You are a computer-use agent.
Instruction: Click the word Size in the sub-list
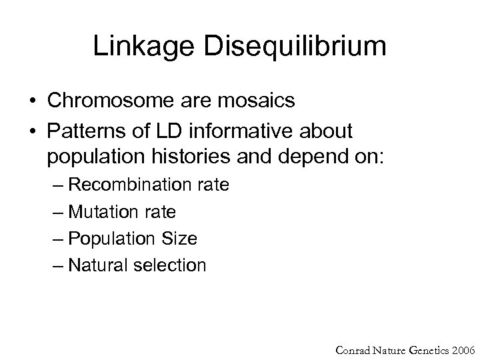182,239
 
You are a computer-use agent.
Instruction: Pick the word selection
171,265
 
